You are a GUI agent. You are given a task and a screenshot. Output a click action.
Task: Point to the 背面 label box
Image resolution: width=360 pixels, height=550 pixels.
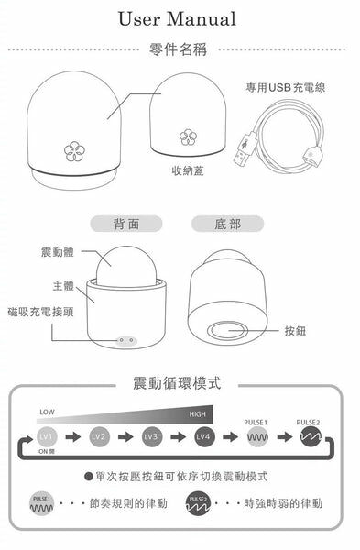[x=125, y=224]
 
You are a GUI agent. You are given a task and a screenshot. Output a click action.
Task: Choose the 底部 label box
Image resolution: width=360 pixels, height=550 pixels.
[x=226, y=224]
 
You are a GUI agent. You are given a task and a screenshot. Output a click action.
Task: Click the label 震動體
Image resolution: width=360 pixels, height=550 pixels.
[x=57, y=251]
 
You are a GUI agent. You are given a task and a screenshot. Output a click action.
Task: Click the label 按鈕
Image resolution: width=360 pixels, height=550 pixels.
[x=296, y=330]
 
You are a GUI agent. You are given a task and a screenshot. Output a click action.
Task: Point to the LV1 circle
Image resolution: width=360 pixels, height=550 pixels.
[x=48, y=437]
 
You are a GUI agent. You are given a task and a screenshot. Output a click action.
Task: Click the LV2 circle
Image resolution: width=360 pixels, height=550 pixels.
[x=99, y=437]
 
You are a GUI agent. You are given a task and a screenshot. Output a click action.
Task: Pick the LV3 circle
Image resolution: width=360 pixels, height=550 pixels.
[x=151, y=437]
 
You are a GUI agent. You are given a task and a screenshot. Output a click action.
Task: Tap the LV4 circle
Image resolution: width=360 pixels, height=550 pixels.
[x=203, y=437]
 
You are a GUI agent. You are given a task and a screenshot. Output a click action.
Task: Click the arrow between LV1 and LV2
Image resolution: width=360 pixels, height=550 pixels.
[x=73, y=437]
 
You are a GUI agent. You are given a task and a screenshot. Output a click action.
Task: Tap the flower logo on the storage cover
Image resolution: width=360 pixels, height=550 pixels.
[x=187, y=137]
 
